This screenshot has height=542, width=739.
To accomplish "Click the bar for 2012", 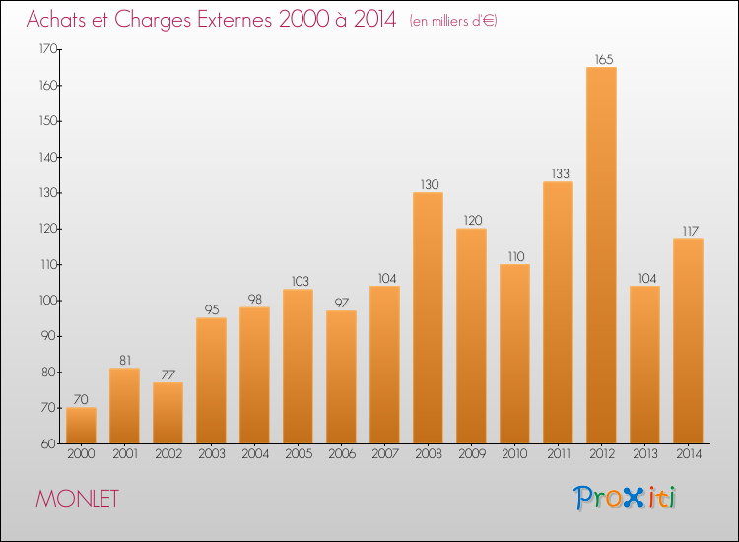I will pos(601,255).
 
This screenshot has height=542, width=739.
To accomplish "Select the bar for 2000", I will pos(81,426).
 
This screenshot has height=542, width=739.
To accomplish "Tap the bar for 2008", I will pos(428,317).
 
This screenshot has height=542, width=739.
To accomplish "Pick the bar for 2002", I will pos(168,413).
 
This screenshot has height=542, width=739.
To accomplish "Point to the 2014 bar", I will pos(688,341).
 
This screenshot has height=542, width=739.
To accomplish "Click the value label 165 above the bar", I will pos(601,59).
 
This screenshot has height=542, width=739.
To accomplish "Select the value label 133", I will pos(558,173).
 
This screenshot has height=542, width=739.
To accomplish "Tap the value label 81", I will pos(124,360).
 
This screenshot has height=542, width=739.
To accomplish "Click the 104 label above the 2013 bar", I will pos(644,278).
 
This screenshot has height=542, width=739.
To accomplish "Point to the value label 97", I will pos(341,303).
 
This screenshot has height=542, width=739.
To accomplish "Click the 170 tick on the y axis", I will pos(47,49).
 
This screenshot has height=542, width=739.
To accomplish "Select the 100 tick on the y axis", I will pos(47,301).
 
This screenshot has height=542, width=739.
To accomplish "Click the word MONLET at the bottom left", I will pos(77,499).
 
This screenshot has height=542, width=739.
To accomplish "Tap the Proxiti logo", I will pos(625,498).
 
